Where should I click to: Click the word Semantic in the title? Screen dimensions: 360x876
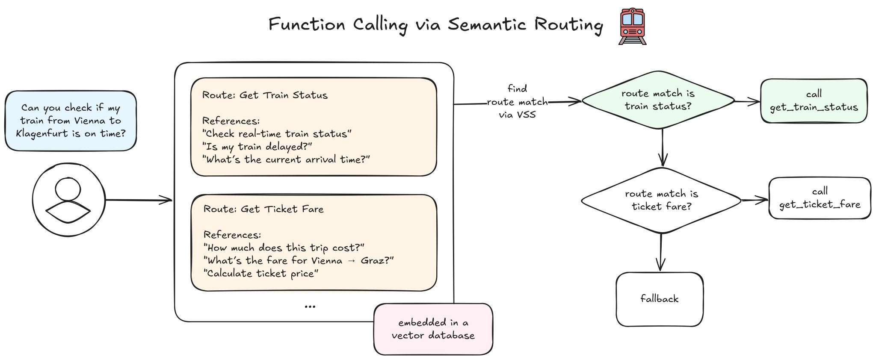(x=487, y=24)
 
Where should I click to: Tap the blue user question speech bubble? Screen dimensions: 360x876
(x=71, y=121)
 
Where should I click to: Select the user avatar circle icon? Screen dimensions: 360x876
(x=68, y=200)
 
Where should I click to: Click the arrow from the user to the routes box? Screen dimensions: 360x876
(x=139, y=200)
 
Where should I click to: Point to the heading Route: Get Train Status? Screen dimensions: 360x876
(x=265, y=95)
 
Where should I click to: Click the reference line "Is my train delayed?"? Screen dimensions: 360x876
(x=257, y=147)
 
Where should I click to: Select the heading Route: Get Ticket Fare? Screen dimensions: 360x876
(x=263, y=209)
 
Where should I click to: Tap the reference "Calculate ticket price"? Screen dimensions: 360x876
(x=261, y=274)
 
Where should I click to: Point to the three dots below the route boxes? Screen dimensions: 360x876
(x=310, y=307)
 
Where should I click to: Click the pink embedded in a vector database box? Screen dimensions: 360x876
(x=433, y=329)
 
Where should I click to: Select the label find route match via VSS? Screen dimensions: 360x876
(x=517, y=102)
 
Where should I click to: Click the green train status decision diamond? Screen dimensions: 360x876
(x=658, y=100)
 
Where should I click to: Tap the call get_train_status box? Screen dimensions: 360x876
(x=814, y=101)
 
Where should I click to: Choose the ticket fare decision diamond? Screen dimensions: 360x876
(x=661, y=200)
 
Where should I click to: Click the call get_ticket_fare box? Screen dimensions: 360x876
(x=820, y=198)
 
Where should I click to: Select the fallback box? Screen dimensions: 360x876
(x=659, y=299)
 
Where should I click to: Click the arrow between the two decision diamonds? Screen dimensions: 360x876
(x=663, y=148)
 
